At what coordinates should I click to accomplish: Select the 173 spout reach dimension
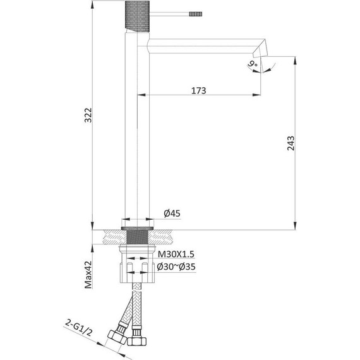tap(198, 91)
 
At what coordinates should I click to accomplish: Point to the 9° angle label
tap(253, 64)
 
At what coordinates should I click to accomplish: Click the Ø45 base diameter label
tap(172, 213)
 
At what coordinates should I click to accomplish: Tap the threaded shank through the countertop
tap(138, 239)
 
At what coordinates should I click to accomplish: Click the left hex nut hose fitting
tap(117, 335)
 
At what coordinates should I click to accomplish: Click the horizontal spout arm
tap(202, 44)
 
